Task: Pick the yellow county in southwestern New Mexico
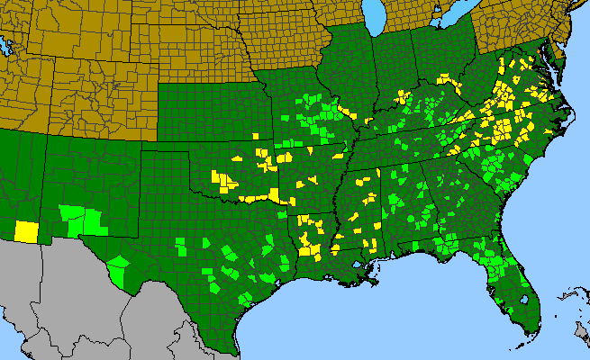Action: (26, 230)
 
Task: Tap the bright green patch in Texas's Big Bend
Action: (118, 267)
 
